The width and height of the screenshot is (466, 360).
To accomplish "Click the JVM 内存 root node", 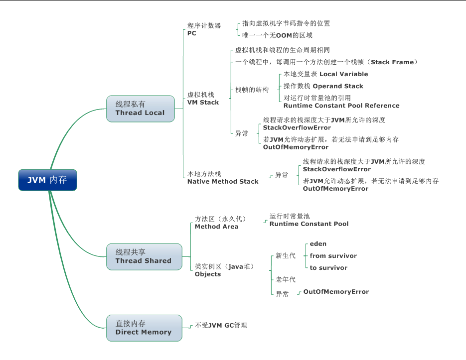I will (48, 180).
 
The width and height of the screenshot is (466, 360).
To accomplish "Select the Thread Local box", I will (141, 109).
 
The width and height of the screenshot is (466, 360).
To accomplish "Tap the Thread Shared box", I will (144, 256).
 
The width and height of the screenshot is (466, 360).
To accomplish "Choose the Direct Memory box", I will (144, 328).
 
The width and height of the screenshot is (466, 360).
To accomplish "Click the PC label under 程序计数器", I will (192, 33).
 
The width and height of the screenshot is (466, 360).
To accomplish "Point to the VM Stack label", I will (203, 102).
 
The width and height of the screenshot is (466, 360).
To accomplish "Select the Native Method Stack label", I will (223, 182).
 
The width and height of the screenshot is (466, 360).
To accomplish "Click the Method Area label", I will (216, 227).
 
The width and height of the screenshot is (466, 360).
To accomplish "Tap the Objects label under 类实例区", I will (208, 274).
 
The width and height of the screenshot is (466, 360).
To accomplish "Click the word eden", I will (318, 243).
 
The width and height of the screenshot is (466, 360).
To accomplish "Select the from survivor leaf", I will (333, 255).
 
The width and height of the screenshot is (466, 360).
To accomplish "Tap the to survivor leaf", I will (328, 267).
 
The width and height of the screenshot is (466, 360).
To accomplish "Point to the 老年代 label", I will (286, 279).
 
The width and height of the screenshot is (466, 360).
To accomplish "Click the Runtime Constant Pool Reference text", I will (341, 106).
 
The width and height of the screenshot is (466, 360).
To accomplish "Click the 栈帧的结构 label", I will (252, 90).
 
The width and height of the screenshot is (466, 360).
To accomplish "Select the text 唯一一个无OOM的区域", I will (277, 35).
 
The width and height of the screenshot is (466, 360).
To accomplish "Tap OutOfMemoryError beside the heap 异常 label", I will (336, 291).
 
